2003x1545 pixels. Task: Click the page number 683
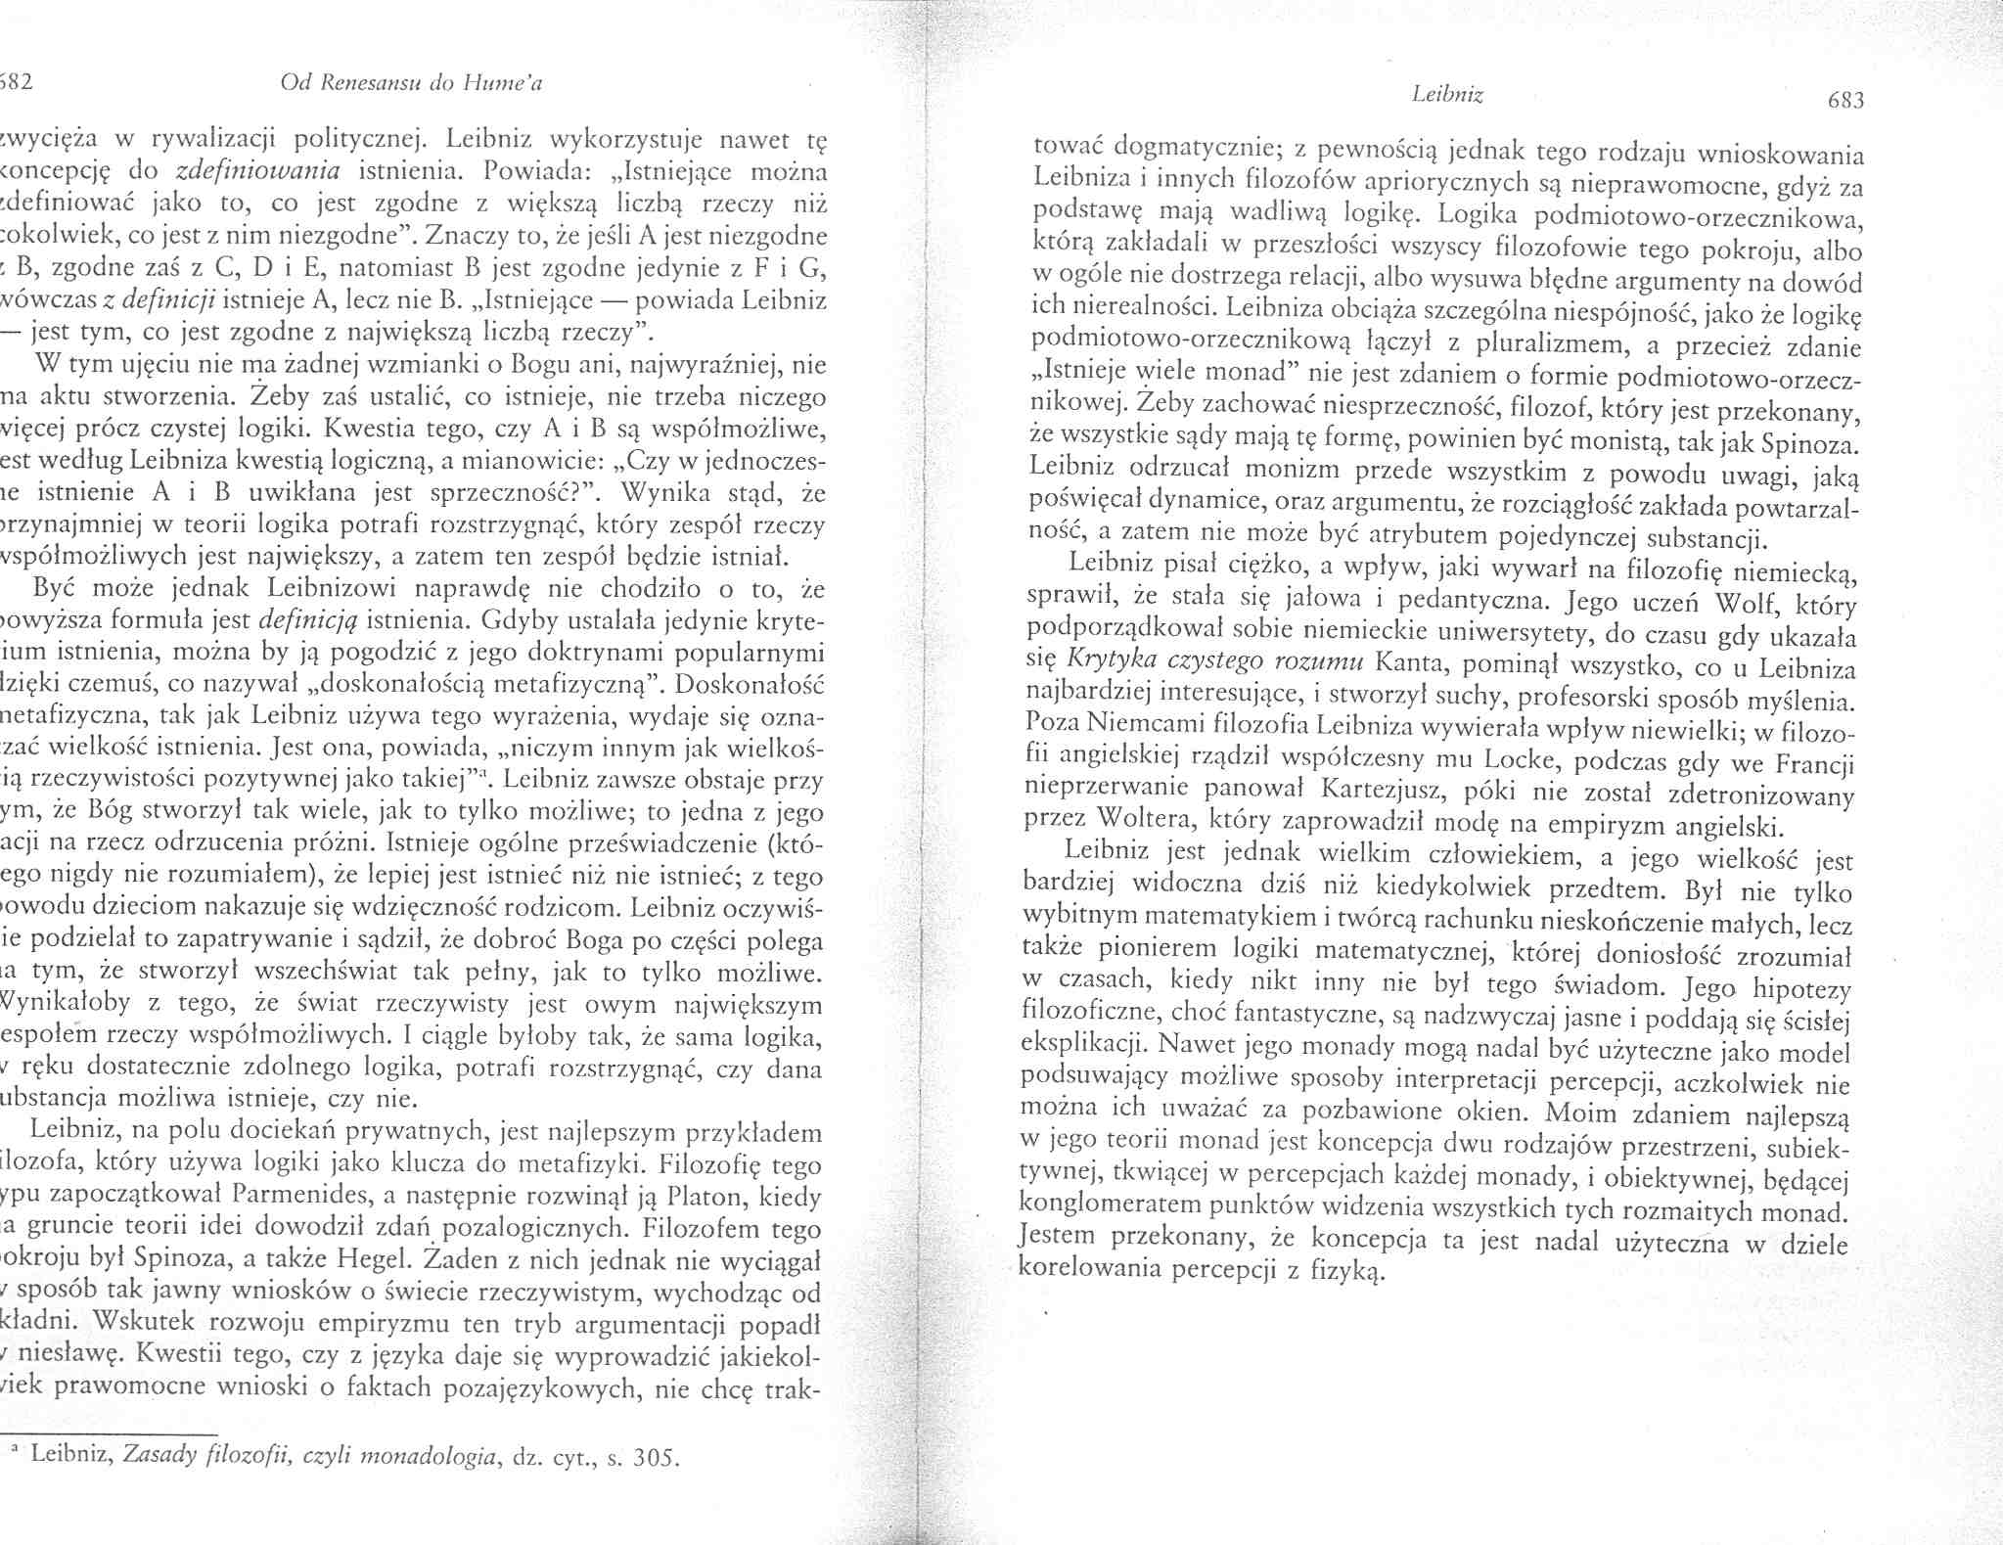click(x=1843, y=100)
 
